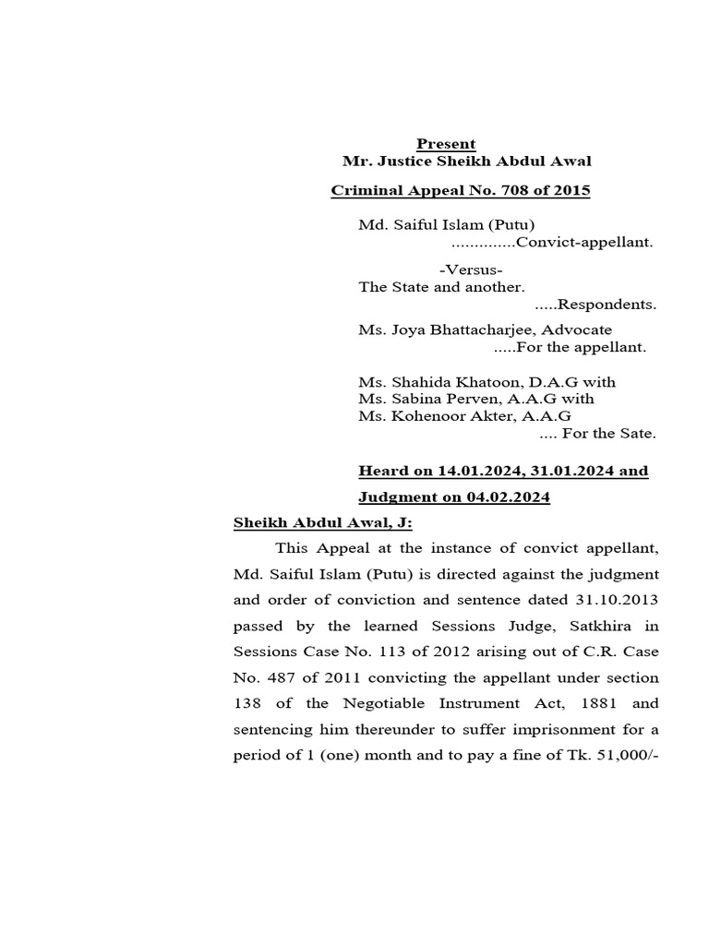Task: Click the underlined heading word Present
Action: (446, 144)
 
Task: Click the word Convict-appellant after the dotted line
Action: (584, 243)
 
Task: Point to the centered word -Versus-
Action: (471, 270)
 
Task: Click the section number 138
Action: (246, 703)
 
